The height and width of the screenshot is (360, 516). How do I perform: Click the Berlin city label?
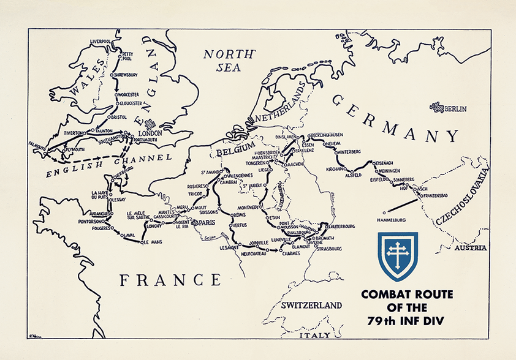457,109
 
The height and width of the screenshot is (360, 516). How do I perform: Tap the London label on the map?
150,133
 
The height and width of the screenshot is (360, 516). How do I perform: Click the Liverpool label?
102,42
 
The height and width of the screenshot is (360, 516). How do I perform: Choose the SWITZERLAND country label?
311,305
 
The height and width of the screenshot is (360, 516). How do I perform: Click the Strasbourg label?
330,249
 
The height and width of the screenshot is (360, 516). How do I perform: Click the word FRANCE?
170,280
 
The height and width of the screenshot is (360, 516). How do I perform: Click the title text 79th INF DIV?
406,321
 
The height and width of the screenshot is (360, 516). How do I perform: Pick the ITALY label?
316,336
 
